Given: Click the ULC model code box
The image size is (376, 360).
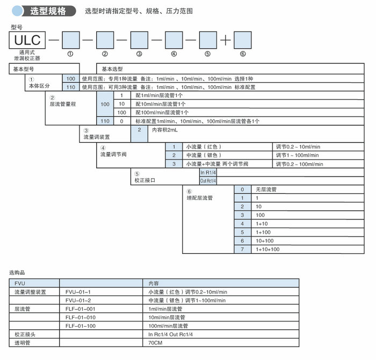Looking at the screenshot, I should click(x=26, y=40).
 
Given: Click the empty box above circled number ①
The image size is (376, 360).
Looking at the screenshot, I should click(x=71, y=40).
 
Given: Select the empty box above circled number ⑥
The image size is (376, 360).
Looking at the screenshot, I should click(x=242, y=40).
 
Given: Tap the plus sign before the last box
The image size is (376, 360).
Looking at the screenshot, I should click(x=225, y=40).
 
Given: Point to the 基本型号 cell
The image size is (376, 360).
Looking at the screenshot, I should click(x=24, y=69).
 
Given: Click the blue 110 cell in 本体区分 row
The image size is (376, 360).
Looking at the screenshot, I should click(x=71, y=87).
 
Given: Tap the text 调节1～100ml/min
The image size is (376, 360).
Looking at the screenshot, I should click(x=298, y=156).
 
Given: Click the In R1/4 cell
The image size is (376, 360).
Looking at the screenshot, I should click(x=208, y=173).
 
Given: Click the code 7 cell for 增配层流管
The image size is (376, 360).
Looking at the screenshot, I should click(x=242, y=249).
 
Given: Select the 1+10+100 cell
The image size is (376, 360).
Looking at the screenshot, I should click(x=267, y=249).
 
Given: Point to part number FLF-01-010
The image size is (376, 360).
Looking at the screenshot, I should click(x=80, y=318).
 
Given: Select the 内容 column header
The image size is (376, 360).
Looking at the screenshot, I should click(x=154, y=283).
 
